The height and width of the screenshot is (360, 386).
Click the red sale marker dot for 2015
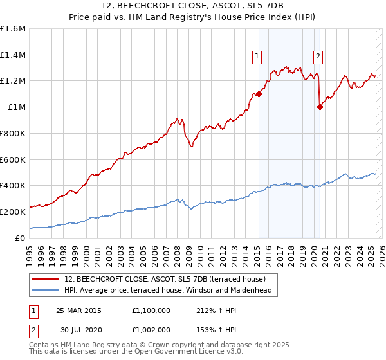[x=259, y=94]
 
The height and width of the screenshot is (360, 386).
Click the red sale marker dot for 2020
[x=320, y=107]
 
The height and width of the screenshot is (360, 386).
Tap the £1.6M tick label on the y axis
[x=13, y=29]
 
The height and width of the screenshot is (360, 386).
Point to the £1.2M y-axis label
[x=13, y=81]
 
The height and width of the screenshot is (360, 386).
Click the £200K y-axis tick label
[x=13, y=212]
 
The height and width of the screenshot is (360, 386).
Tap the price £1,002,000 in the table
[x=152, y=329]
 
